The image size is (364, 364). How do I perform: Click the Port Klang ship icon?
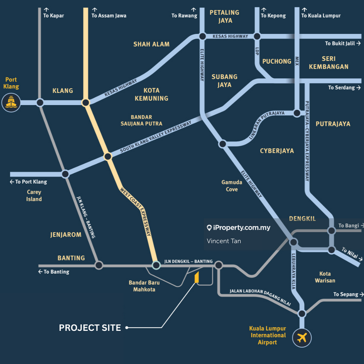(11, 102)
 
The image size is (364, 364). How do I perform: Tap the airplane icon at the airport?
(301, 338)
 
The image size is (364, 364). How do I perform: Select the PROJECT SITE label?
(90, 328)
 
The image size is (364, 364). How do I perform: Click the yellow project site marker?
(197, 278)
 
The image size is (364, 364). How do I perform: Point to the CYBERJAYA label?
(277, 151)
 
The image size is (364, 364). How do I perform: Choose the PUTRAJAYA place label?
(333, 124)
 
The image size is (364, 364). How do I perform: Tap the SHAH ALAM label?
(151, 44)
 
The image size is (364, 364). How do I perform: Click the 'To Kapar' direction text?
(53, 15)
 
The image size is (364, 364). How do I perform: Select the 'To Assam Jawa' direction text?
(109, 15)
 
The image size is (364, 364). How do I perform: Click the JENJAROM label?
(66, 235)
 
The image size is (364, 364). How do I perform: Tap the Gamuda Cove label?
(232, 186)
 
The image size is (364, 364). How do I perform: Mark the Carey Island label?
(34, 196)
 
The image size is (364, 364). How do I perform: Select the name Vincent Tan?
(224, 241)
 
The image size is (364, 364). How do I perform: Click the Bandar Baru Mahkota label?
(144, 286)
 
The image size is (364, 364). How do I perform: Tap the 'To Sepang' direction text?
(345, 294)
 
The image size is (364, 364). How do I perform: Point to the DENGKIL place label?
(302, 219)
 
